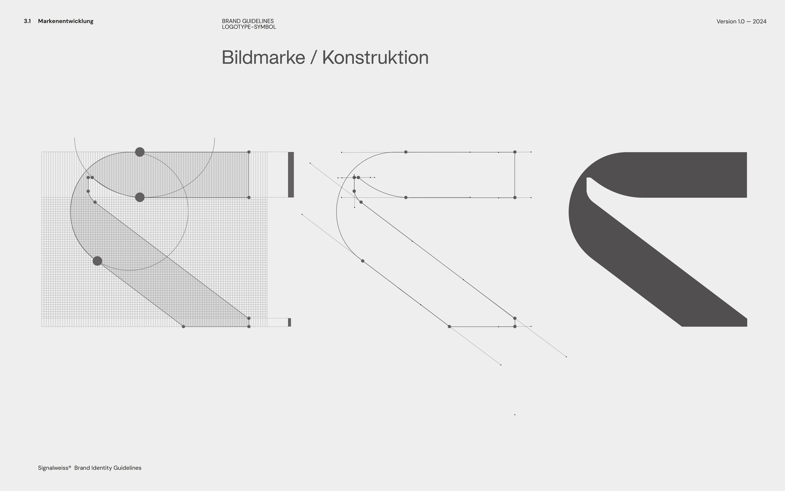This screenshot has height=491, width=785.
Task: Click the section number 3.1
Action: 27,21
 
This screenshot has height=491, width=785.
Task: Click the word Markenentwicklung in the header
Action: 65,21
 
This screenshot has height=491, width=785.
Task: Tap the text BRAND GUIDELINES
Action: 248,21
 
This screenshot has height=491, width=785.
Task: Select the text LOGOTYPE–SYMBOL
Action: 249,27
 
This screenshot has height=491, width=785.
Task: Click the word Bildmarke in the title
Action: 263,58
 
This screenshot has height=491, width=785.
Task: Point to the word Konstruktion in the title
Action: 375,58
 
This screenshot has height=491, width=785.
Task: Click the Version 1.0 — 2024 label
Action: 741,21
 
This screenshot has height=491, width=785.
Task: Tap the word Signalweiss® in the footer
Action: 54,468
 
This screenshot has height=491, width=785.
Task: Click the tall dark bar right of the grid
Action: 291,174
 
